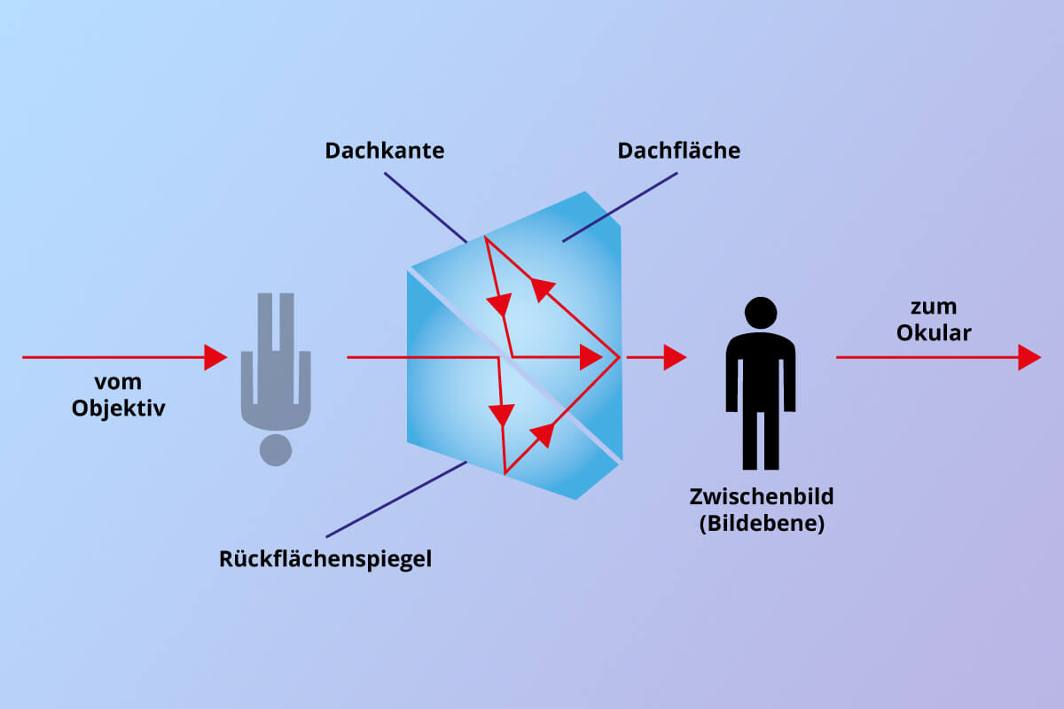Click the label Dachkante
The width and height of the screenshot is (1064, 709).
coord(385,151)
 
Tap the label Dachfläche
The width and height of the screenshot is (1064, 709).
coord(679,151)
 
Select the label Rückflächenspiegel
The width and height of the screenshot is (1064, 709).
coord(325,559)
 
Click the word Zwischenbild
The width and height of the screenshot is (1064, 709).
coord(762,496)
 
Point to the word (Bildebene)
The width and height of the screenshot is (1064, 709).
coord(762,523)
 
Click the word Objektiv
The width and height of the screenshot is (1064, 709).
coord(118,409)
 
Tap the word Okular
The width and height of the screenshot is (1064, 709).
coord(934,333)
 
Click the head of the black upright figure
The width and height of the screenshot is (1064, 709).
coord(761,313)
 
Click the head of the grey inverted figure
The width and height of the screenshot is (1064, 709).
coord(276,450)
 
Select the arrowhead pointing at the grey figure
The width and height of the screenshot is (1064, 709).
coord(215,357)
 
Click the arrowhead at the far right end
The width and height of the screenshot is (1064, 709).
coord(1029,357)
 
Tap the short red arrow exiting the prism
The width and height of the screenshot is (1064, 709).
coord(656,357)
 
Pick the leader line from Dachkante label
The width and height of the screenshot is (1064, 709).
coord(426,207)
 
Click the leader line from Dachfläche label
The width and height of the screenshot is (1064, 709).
coord(620,207)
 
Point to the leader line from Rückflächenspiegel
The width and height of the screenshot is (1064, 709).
coord(396,500)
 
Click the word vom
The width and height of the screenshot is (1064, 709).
coord(118,382)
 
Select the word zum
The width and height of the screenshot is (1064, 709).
coord(934,308)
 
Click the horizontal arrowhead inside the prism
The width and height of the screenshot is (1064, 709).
coord(591,357)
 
